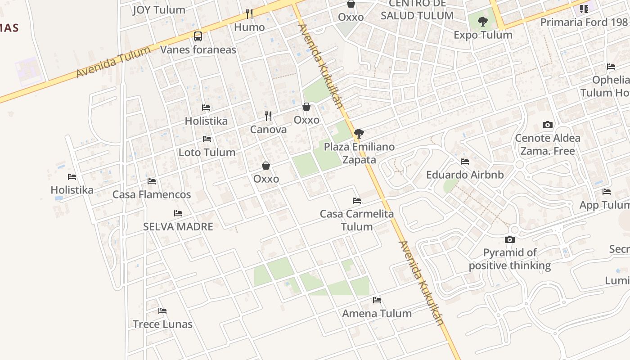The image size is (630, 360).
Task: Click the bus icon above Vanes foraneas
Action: (x=198, y=36)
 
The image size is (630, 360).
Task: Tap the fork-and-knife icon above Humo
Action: (x=249, y=14)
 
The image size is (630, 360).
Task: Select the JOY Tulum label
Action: (x=159, y=10)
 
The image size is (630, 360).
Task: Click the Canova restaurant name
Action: (x=268, y=130)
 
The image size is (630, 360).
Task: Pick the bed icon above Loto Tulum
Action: (x=207, y=139)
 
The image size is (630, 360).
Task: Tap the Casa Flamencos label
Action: (x=152, y=194)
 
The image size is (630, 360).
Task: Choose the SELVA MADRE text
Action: (x=178, y=226)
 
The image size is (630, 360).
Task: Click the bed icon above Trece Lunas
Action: (x=162, y=311)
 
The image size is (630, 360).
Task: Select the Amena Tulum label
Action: (x=377, y=313)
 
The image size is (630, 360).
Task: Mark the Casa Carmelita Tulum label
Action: (x=357, y=220)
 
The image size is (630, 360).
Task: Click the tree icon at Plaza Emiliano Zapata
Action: (x=359, y=133)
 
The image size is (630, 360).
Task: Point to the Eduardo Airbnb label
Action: (x=465, y=175)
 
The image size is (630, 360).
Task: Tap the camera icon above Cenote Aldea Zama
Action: (x=548, y=125)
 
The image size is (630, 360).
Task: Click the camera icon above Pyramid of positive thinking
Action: (x=510, y=239)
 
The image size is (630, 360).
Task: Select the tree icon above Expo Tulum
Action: (x=483, y=21)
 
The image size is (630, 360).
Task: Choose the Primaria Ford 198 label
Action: (x=584, y=22)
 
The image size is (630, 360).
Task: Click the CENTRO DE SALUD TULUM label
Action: (x=417, y=10)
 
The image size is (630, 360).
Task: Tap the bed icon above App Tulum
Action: (x=607, y=192)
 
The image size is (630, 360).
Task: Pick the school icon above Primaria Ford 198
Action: (x=584, y=9)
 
